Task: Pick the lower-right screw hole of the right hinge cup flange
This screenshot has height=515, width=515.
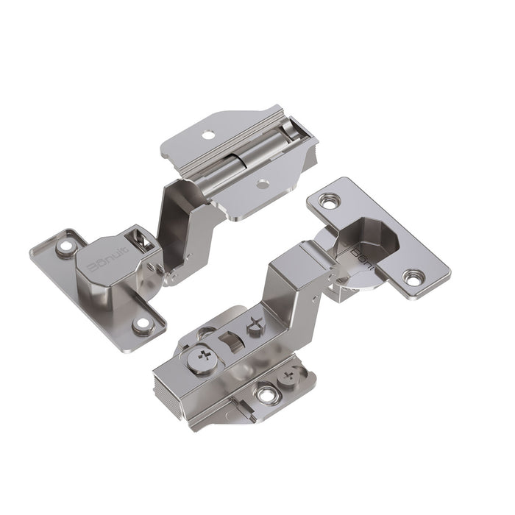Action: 414,278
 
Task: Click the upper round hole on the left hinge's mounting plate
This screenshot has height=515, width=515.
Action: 208,135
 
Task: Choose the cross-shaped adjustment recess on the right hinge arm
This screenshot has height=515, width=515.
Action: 255,324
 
